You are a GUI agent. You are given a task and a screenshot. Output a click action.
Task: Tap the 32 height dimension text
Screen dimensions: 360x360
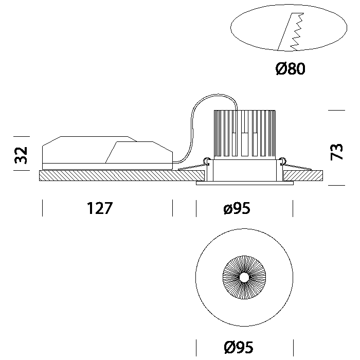(21, 154)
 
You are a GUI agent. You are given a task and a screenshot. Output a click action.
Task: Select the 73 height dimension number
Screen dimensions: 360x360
(337, 152)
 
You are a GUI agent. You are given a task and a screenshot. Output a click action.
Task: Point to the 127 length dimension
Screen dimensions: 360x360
(99, 209)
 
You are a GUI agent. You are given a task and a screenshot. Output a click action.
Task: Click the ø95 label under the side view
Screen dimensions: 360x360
(237, 209)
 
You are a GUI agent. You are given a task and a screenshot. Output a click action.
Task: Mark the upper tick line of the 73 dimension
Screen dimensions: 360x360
(336, 110)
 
